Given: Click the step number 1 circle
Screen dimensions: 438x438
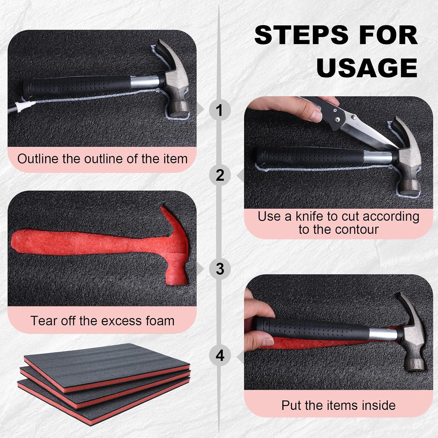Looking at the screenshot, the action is click(x=220, y=110).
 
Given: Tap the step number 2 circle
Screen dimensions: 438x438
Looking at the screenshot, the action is click(x=220, y=175).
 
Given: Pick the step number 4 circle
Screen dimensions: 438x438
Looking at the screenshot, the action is click(x=220, y=355).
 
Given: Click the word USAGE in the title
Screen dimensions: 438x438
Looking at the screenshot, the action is click(x=367, y=67).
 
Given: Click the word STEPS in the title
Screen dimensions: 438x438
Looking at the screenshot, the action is click(x=302, y=35).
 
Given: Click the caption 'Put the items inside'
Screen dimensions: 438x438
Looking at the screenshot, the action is click(x=338, y=405).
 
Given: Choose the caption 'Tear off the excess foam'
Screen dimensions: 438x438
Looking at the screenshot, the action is click(x=102, y=321).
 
